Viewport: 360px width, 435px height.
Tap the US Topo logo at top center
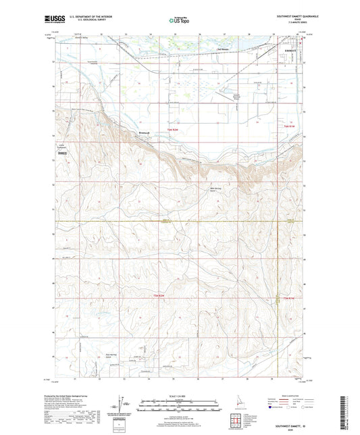tap(179, 21)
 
